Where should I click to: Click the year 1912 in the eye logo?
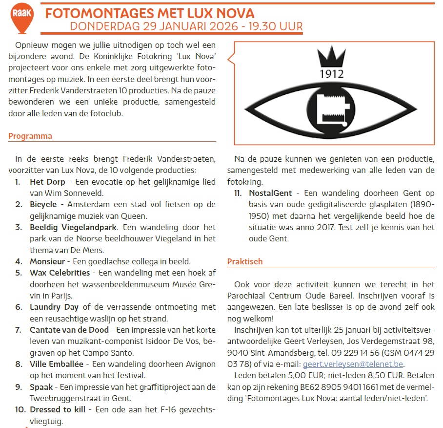pos(332,74)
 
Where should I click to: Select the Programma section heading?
pos(30,136)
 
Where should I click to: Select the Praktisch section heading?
pos(245,261)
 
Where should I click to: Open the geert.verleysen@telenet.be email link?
pos(354,364)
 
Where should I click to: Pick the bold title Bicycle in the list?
pos(43,204)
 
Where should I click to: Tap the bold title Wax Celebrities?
pos(60,273)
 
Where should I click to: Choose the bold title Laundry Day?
pos(54,307)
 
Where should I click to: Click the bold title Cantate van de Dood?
pos(69,330)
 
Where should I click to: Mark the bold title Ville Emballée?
pos(56,364)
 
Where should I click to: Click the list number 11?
pos(238,193)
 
